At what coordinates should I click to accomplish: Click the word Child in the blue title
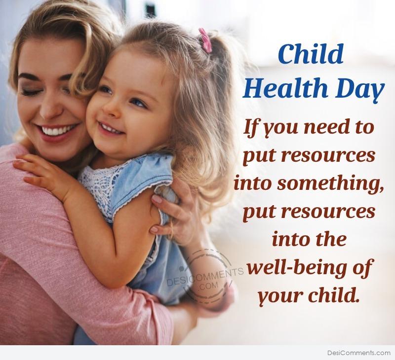coord(311,54)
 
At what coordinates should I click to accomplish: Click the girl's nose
coord(110,109)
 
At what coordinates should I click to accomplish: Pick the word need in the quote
coord(325,127)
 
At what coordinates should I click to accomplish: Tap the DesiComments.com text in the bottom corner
coord(359,353)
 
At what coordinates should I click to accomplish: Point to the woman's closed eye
coord(31,92)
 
